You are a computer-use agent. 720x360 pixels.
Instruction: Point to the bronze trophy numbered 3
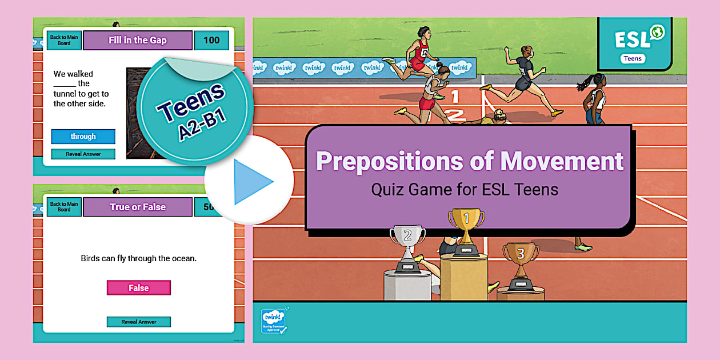click(x=520, y=261)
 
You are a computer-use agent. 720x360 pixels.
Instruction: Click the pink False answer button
click(x=138, y=288)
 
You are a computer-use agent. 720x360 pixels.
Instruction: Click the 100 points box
click(x=211, y=41)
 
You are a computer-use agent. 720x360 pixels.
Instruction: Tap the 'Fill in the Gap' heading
click(x=137, y=41)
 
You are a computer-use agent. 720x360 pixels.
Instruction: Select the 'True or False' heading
click(x=137, y=207)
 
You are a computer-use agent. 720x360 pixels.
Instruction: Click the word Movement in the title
click(x=562, y=161)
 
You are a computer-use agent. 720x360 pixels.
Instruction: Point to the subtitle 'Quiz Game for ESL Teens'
click(x=465, y=189)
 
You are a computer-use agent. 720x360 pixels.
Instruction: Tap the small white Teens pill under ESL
click(x=632, y=58)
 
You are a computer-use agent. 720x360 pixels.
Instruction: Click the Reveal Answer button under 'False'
click(x=138, y=322)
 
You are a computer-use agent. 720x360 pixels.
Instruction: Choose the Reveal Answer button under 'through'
click(x=83, y=154)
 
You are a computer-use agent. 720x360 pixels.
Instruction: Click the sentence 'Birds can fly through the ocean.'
click(x=138, y=258)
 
